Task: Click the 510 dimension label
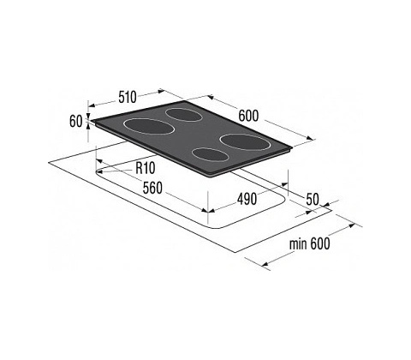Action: tap(128, 98)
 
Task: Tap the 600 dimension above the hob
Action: tap(248, 116)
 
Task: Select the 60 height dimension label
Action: tap(76, 122)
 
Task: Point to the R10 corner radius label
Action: tap(146, 168)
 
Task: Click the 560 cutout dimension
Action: tap(152, 188)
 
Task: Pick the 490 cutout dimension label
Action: tap(247, 199)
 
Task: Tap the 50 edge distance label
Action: tap(313, 199)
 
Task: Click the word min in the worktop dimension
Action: tap(298, 244)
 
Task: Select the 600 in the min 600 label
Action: tap(320, 243)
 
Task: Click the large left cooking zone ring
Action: tap(149, 127)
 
